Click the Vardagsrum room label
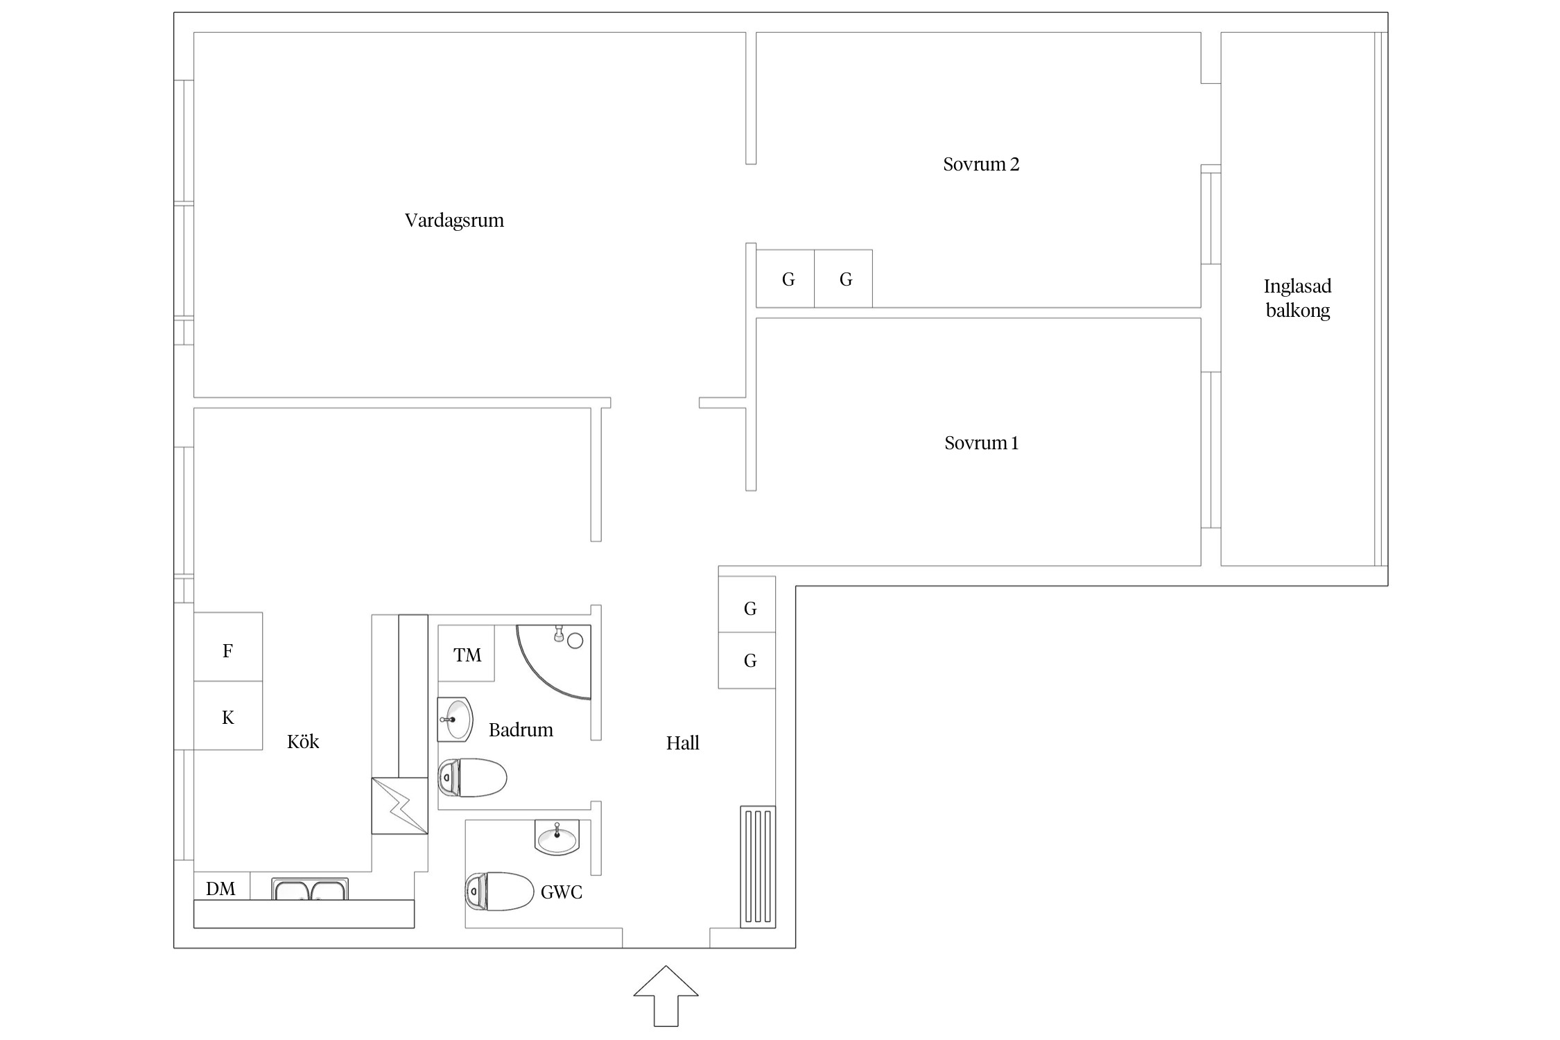[454, 221]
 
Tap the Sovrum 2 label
[981, 164]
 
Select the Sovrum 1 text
[981, 443]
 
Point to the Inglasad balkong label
[1297, 298]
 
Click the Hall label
[682, 743]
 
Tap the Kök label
[303, 742]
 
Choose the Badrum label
[521, 730]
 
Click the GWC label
[561, 892]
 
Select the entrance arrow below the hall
[666, 996]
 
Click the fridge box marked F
[227, 647]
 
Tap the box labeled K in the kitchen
[227, 716]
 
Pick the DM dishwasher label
[220, 889]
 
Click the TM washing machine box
[466, 653]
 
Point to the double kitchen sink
[310, 889]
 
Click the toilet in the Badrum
[472, 777]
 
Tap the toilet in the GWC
[499, 891]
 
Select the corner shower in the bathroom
[554, 662]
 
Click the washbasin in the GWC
[557, 838]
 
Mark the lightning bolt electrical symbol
[399, 806]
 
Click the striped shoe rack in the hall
[758, 867]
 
